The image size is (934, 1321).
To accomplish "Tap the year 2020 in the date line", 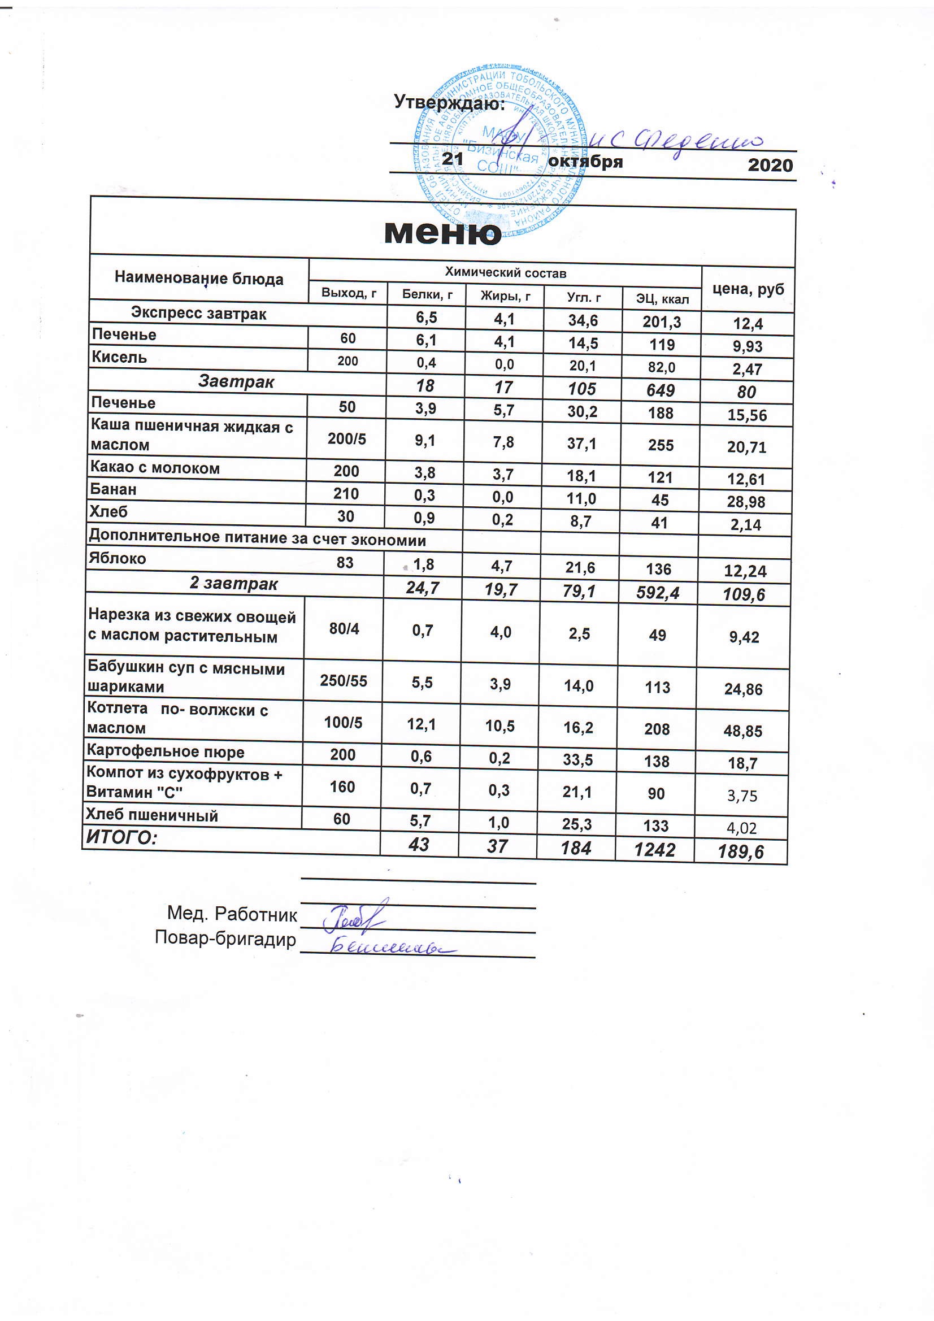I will click(x=770, y=165).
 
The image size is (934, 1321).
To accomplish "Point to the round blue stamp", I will click(x=499, y=153).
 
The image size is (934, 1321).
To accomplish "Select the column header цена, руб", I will click(x=748, y=289).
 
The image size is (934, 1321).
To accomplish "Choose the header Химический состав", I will click(x=505, y=273).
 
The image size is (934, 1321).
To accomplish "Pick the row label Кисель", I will click(x=119, y=357).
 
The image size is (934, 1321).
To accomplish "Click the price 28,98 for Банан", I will click(x=746, y=502).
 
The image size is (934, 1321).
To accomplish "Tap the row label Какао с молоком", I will click(x=155, y=468).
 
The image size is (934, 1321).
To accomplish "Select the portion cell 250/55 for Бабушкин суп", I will click(x=344, y=681).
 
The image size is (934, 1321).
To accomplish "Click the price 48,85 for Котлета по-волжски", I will click(x=743, y=731).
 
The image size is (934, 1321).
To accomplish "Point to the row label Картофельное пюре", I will click(x=165, y=751).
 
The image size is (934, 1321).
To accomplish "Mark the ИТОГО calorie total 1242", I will click(x=655, y=849).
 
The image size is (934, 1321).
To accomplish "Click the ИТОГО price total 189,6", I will click(x=741, y=851).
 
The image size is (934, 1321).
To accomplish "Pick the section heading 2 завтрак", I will click(x=234, y=584).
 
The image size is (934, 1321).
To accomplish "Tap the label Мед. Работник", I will click(x=232, y=914).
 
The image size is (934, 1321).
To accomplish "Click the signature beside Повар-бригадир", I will click(x=392, y=947).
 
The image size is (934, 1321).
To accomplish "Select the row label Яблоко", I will click(x=118, y=558).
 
